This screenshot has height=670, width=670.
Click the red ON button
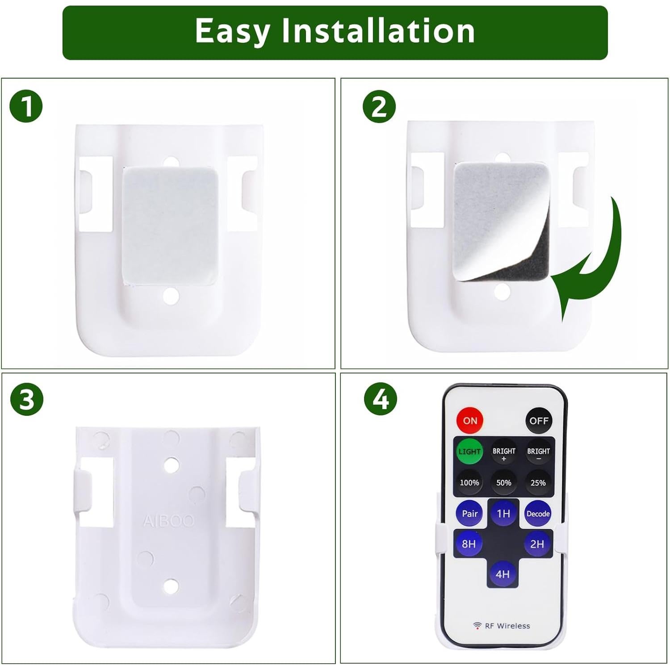coord(469,420)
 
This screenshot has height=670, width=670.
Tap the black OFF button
coord(538,420)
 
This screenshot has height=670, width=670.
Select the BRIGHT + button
coord(504,453)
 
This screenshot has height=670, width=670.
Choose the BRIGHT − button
coord(538,453)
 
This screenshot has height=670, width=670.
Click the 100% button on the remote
coord(469,483)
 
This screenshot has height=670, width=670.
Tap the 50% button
coord(503,483)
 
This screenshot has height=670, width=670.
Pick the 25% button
coord(538,483)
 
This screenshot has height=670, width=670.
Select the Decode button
coord(538,514)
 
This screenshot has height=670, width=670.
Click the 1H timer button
coord(503,514)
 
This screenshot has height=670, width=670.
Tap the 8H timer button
coord(469,544)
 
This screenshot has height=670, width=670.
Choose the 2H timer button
coord(537,544)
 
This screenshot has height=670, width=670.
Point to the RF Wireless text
coord(507,626)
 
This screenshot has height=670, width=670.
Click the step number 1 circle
coord(26,107)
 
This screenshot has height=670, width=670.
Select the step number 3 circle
coord(27,399)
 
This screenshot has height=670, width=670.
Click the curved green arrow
coord(594,264)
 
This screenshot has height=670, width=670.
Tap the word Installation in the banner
coord(378,31)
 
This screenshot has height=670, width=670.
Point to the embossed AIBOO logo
coord(168,521)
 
